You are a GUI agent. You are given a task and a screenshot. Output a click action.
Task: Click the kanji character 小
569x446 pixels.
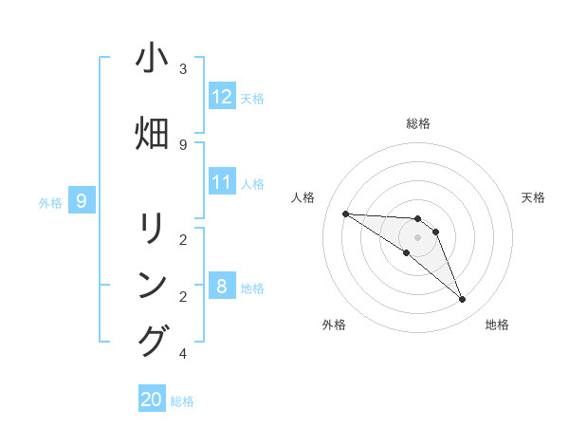point(152,59)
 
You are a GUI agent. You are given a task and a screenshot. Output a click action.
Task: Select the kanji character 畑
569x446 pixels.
point(152,134)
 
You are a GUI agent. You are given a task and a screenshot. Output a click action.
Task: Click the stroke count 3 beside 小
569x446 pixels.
point(183,69)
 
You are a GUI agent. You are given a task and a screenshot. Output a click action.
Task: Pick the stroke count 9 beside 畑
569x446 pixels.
point(183,144)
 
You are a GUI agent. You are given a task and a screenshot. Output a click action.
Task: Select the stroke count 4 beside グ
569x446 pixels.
point(183,354)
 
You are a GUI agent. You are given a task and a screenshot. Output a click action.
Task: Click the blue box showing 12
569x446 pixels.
point(222,97)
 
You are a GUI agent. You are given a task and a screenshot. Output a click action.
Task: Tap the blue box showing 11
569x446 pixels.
point(222,182)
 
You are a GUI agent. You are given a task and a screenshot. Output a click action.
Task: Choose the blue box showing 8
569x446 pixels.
point(222,287)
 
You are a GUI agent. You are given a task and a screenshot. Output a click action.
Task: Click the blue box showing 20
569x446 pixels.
point(152,400)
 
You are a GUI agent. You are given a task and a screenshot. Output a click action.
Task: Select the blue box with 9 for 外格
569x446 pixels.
point(82,200)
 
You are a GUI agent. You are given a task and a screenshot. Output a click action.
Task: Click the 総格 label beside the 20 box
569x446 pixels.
point(182,401)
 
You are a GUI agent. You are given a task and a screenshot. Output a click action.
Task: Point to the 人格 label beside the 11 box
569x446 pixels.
point(252,183)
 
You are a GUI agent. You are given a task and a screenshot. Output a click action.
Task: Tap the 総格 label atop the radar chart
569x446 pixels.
point(418,123)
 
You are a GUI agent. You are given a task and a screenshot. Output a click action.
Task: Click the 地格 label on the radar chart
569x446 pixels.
point(497,325)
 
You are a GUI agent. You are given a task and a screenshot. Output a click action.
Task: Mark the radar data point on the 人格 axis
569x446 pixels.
point(345,214)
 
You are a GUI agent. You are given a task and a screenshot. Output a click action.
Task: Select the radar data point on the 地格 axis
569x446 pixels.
point(463,300)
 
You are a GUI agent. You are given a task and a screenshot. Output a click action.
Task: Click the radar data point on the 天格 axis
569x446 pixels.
point(435,232)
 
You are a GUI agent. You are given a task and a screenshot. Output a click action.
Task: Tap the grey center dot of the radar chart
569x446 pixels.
point(417,236)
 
